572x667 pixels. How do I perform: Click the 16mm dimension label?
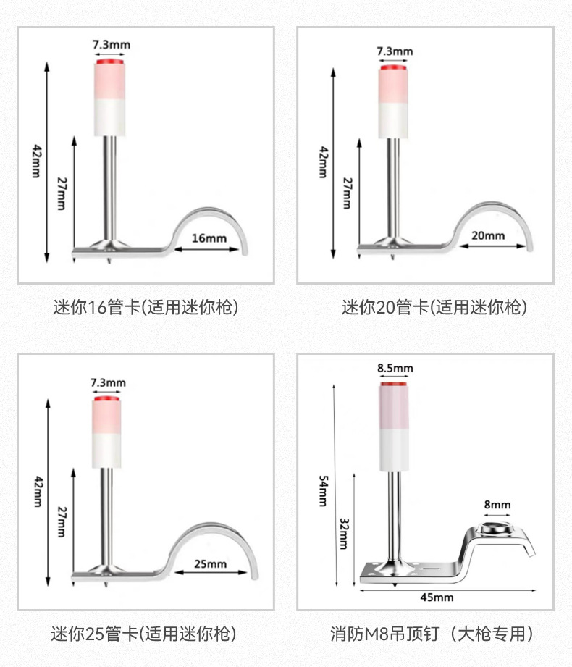[209, 238]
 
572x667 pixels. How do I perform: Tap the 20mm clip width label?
[488, 235]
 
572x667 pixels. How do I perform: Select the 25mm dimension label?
[210, 563]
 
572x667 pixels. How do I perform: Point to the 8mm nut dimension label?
[497, 504]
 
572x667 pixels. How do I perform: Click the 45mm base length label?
[437, 597]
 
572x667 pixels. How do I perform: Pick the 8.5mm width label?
[395, 368]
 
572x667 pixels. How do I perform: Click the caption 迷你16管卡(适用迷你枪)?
[146, 307]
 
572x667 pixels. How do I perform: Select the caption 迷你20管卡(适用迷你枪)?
[434, 307]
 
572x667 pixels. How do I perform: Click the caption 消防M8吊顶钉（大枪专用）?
[432, 634]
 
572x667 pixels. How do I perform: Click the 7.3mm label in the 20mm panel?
[394, 51]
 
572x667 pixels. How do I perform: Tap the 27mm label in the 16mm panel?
[60, 195]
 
